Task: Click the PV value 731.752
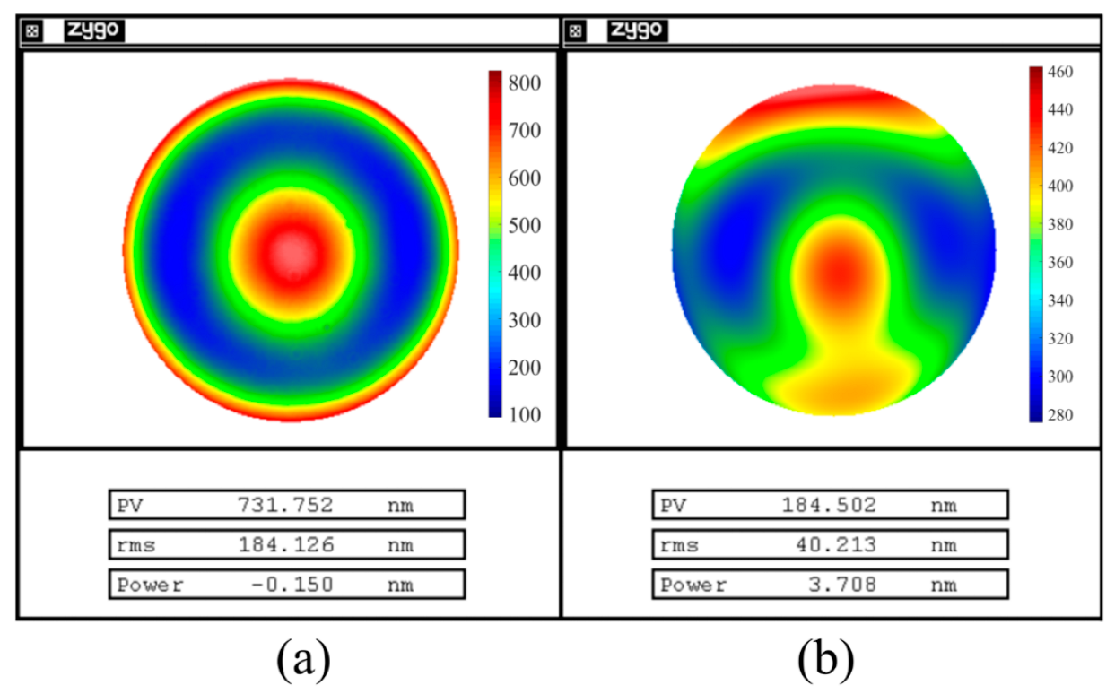pyautogui.click(x=284, y=505)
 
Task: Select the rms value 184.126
pyautogui.click(x=284, y=545)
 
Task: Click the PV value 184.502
pyautogui.click(x=828, y=505)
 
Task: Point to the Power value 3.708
pyautogui.click(x=839, y=585)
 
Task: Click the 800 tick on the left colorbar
pyautogui.click(x=523, y=83)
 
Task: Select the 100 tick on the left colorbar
pyautogui.click(x=523, y=415)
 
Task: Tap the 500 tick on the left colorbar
pyautogui.click(x=523, y=226)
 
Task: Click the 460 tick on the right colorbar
pyautogui.click(x=1059, y=72)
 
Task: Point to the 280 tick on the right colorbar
pyautogui.click(x=1059, y=415)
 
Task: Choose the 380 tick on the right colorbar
pyautogui.click(x=1059, y=224)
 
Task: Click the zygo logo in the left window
pyautogui.click(x=94, y=30)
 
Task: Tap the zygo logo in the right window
pyautogui.click(x=637, y=30)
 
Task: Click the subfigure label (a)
pyautogui.click(x=303, y=661)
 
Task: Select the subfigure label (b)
pyautogui.click(x=825, y=661)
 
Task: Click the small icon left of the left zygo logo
pyautogui.click(x=32, y=31)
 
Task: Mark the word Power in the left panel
pyautogui.click(x=150, y=585)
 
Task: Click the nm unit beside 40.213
pyautogui.click(x=943, y=545)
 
